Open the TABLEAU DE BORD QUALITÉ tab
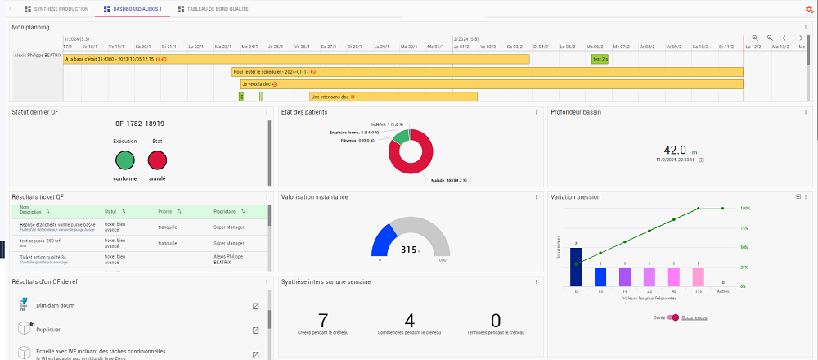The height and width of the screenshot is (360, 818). coord(212,9)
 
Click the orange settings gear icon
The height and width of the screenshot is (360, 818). coord(809,9)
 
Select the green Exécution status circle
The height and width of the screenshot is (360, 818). coord(124,160)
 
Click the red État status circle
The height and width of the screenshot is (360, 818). coord(157,160)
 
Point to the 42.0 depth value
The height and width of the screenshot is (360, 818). coord(675,151)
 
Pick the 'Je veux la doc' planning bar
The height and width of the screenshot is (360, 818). coord(491,83)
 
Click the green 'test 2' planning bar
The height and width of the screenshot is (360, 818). coord(600,59)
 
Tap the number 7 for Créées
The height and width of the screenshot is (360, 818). coord(323,320)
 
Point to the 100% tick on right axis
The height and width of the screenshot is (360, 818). coord(745,208)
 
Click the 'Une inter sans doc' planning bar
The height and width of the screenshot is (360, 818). coord(393,97)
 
